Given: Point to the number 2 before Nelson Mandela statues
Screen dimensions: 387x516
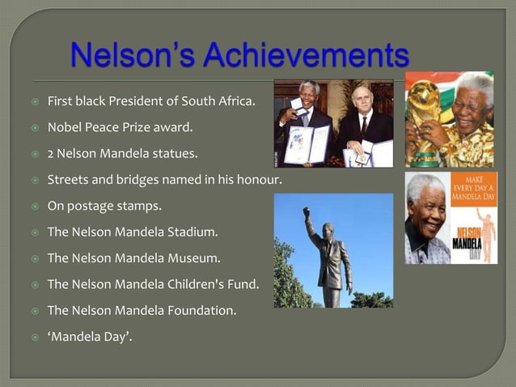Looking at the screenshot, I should coord(51,153).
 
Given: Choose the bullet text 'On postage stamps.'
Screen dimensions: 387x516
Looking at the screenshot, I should coord(104,206).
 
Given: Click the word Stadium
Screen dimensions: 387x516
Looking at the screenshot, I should coord(192,232).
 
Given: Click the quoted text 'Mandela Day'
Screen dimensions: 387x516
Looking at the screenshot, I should coord(90,335).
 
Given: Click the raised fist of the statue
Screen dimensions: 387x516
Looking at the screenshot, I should coord(307,212).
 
